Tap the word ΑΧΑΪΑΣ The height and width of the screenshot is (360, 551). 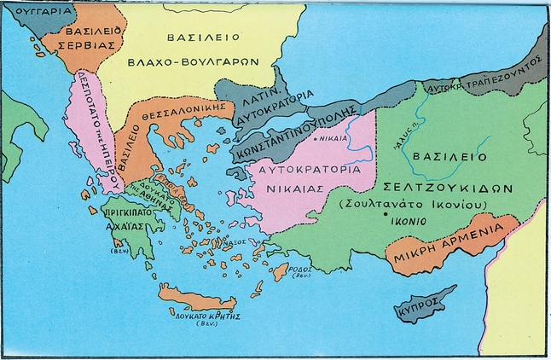[122, 229]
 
